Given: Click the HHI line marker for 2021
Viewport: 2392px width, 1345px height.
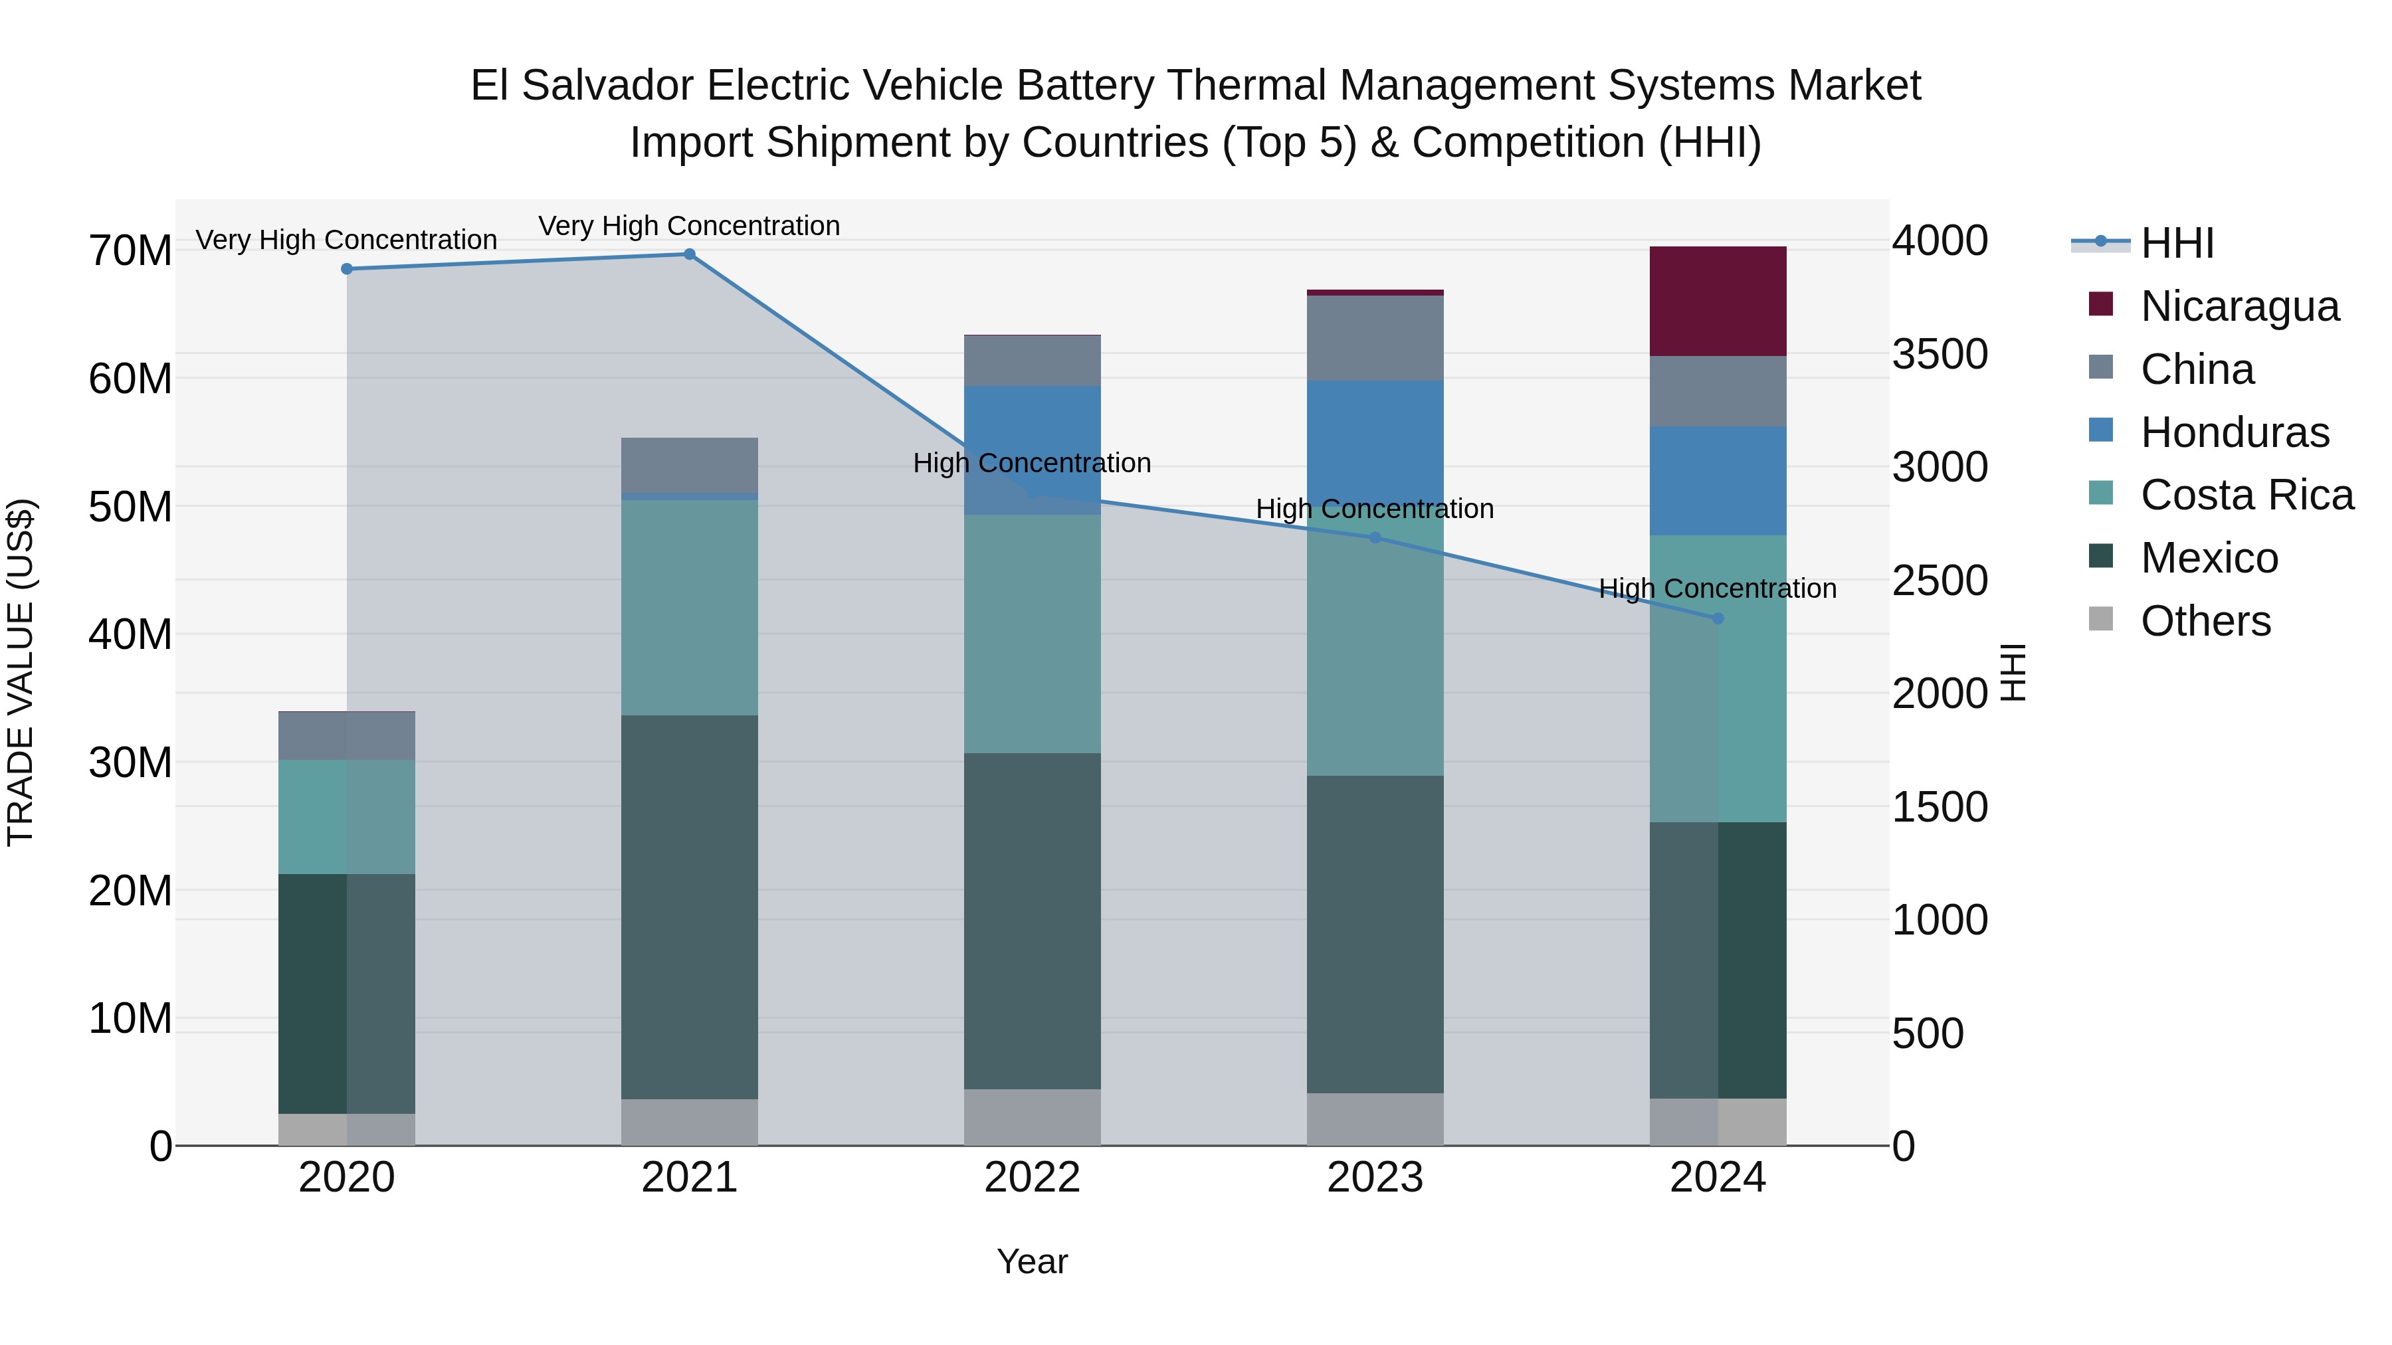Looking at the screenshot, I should pos(689,254).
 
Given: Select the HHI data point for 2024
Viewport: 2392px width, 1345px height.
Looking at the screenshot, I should pos(1717,618).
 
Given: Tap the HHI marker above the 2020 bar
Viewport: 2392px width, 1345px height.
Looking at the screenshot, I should pos(346,269).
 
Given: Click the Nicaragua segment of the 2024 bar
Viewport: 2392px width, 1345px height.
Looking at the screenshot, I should pos(1717,302).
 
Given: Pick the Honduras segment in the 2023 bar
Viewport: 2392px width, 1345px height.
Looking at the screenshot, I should pos(1374,446).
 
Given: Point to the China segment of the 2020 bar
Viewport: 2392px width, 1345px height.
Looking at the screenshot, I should pos(346,736).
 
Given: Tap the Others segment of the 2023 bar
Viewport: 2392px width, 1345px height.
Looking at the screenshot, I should pos(1374,1119).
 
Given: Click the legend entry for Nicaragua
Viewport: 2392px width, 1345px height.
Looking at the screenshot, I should pos(2239,306).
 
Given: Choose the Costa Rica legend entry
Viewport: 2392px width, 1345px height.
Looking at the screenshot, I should pos(2246,495).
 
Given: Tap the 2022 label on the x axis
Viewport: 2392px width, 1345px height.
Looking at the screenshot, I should pos(1032,1178).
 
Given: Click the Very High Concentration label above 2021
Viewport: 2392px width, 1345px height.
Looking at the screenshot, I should pos(689,226).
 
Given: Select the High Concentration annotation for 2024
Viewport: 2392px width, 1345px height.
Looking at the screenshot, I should pos(1717,588).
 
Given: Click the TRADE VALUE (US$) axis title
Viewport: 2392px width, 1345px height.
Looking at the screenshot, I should pos(21,672).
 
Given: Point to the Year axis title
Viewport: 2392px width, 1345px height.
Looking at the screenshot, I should pos(1032,1261).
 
